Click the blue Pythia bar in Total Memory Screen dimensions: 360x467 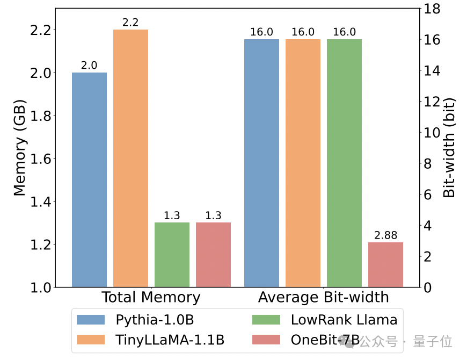tap(89, 179)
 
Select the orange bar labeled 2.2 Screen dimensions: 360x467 tap(130, 158)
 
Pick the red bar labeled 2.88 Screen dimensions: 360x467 tap(385, 264)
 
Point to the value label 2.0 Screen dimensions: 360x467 tap(89, 66)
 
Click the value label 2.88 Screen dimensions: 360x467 tap(385, 235)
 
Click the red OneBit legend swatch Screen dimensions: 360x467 tap(266, 340)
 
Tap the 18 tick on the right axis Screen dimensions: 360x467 tap(433, 9)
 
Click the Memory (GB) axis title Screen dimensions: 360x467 tap(19, 148)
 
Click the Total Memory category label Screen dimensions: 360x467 tap(151, 298)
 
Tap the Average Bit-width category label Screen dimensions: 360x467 tap(324, 298)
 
